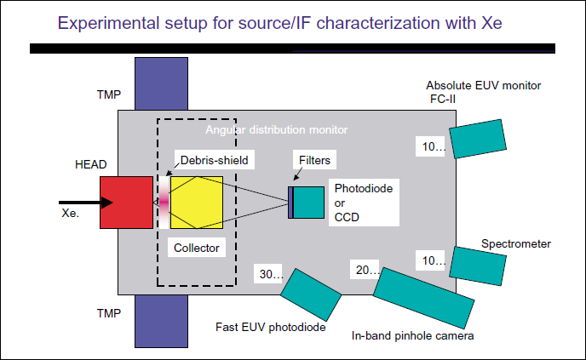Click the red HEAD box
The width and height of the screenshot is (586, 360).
[126, 203]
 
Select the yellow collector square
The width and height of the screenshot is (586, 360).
[197, 203]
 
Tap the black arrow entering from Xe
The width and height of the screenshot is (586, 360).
[81, 203]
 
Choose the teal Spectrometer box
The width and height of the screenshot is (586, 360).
[476, 264]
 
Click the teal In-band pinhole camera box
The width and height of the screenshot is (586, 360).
[422, 298]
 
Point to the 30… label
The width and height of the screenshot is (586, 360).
[272, 275]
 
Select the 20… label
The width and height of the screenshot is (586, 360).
[365, 270]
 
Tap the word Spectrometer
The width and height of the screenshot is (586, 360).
[515, 244]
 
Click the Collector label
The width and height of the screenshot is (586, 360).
[196, 249]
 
